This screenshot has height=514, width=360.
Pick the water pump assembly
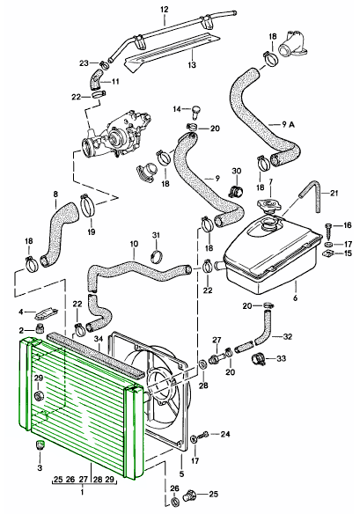click(x=115, y=131)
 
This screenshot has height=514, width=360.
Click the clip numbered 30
click(x=235, y=189)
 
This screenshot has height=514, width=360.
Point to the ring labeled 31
click(x=156, y=257)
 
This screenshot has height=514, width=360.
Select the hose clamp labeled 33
click(x=258, y=359)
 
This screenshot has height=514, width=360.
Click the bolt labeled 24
click(x=204, y=434)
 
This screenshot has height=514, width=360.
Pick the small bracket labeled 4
click(x=48, y=312)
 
